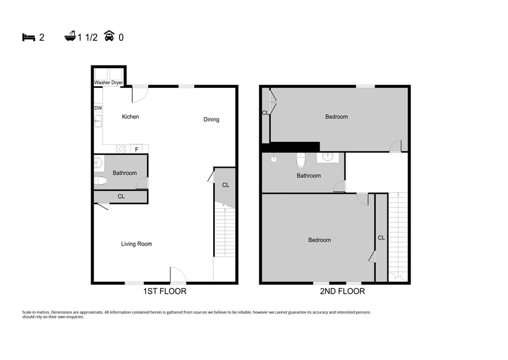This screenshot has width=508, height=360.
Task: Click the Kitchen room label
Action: (x=130, y=117)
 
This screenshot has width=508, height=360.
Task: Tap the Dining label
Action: (x=211, y=120)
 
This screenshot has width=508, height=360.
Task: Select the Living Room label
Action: (x=137, y=244)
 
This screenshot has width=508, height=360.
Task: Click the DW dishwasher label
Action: (x=98, y=108)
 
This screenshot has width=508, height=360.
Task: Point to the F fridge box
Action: (x=137, y=149)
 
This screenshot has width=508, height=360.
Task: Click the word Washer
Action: (x=102, y=83)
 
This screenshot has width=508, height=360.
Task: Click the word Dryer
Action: (x=117, y=83)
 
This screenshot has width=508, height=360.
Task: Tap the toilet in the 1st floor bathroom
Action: (x=100, y=181)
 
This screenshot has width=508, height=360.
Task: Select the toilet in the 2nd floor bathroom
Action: (x=301, y=159)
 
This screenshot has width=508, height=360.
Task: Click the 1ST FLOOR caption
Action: (x=165, y=291)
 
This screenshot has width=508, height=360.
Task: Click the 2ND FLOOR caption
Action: (x=342, y=291)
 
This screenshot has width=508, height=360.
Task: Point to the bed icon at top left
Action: (x=29, y=37)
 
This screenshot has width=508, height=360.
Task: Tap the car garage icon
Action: (x=110, y=37)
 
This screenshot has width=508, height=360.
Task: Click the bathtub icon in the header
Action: (x=70, y=37)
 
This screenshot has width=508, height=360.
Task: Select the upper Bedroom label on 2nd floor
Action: (x=337, y=117)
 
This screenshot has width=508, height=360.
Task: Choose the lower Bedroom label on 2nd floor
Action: (x=320, y=240)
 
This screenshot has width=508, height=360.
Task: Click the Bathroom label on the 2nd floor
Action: (x=309, y=176)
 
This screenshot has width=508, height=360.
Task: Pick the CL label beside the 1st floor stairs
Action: (x=226, y=185)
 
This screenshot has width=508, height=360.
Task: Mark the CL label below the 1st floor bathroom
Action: (x=121, y=196)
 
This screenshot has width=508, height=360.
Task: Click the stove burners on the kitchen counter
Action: (x=121, y=149)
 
